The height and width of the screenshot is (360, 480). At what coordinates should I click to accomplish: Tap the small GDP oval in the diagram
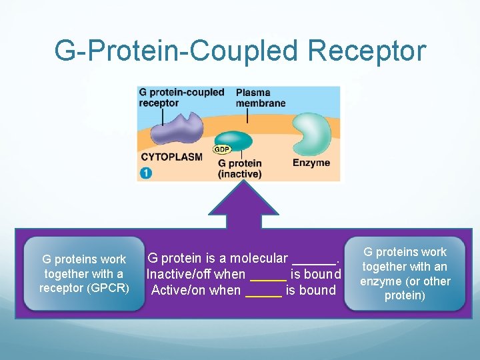point(221,149)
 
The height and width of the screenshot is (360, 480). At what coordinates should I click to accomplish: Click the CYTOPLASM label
point(171,157)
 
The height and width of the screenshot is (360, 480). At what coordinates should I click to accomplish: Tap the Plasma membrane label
point(261,98)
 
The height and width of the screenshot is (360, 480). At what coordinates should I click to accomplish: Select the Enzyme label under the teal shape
point(311,163)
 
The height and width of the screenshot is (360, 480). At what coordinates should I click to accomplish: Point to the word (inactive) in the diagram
point(239,174)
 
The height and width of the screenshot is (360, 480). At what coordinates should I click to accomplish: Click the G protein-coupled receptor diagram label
point(181,97)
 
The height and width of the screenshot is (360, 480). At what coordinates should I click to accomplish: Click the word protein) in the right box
point(405,296)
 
